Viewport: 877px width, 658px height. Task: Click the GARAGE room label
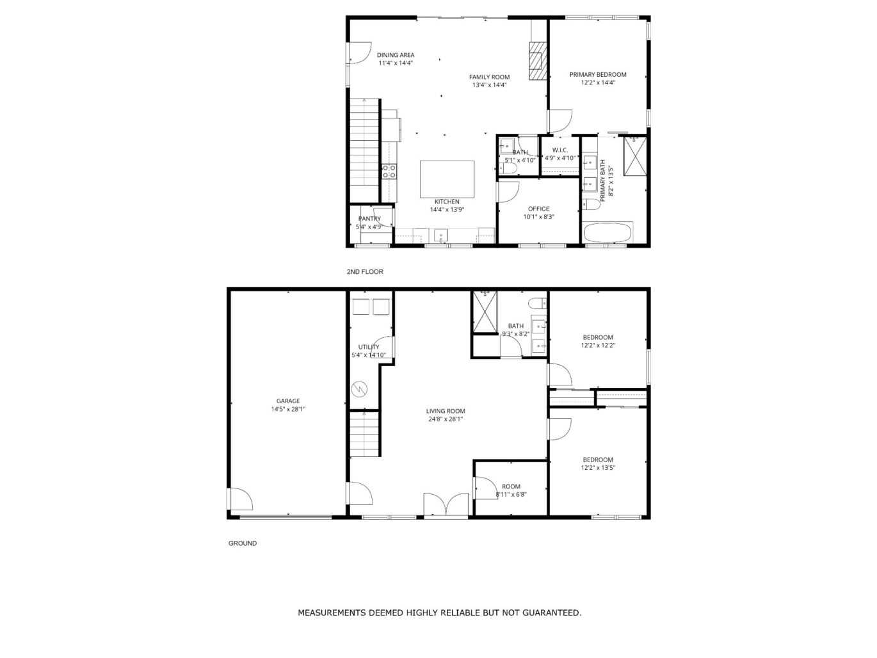(288, 401)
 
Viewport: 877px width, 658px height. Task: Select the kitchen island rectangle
(447, 179)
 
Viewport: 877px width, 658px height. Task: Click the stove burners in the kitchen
(389, 170)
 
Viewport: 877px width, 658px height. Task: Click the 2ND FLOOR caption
(365, 272)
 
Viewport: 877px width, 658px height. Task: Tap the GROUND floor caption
(243, 543)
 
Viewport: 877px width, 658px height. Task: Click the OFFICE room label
(538, 209)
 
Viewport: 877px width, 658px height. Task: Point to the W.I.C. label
(560, 150)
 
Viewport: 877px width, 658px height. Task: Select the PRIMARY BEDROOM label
(598, 74)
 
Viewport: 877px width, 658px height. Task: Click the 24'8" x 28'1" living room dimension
(446, 419)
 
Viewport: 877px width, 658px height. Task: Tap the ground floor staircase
(365, 434)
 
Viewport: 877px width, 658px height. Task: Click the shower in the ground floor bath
(485, 312)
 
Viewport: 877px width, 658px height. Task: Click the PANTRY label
(369, 219)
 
